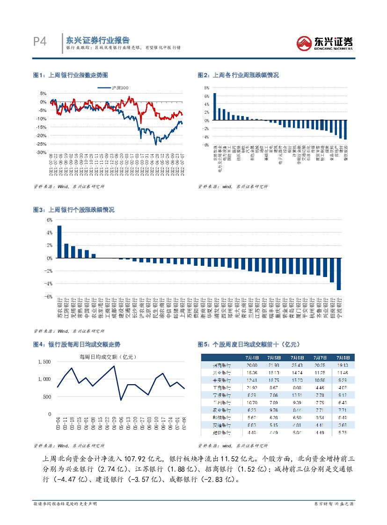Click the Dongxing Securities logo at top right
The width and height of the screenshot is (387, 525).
325,44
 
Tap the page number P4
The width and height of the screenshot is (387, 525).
41,42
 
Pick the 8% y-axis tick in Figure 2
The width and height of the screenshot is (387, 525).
205,87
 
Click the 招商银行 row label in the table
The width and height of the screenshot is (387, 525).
220,365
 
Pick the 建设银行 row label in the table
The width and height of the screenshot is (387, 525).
220,432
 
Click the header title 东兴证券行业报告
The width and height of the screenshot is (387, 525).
98,40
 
